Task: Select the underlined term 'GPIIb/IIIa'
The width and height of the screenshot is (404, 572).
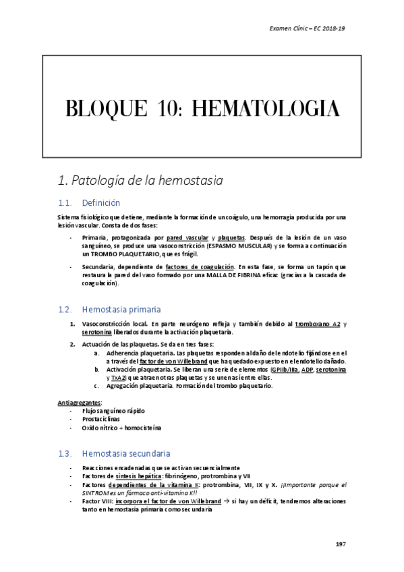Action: [x=285, y=370]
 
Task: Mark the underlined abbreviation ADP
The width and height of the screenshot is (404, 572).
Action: [x=307, y=370]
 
